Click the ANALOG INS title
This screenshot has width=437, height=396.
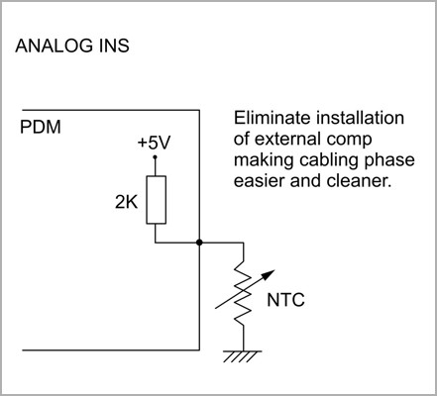click(72, 46)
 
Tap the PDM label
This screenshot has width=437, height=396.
click(41, 127)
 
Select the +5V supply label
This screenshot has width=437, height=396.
click(154, 143)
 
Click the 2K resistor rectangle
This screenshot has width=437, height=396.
click(157, 200)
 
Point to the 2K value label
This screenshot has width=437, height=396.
click(126, 202)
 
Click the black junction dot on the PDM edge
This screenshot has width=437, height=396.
click(199, 243)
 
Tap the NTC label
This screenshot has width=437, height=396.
click(285, 300)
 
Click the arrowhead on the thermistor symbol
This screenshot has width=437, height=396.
click(270, 274)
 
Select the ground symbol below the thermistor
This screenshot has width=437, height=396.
click(243, 356)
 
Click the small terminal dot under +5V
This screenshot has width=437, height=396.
click(155, 156)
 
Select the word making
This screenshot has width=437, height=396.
click(265, 161)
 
